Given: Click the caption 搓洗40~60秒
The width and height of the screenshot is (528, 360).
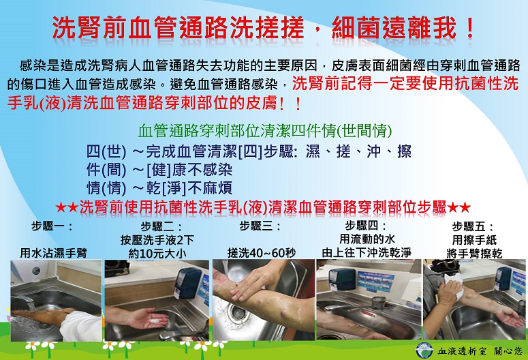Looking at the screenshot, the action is click(262, 253).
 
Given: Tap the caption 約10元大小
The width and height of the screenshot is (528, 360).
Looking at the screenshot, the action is click(157, 254).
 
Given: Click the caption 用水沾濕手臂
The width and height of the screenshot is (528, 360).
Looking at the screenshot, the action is click(54, 253).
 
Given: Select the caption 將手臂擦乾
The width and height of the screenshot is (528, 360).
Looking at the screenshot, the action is click(474, 254).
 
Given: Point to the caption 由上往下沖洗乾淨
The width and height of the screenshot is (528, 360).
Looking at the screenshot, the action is click(367, 252).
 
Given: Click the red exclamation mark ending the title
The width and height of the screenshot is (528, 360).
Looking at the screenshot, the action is click(470, 28).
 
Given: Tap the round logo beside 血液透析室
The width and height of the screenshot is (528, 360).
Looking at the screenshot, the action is click(424, 350).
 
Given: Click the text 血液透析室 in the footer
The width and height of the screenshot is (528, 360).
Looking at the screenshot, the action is click(463, 352).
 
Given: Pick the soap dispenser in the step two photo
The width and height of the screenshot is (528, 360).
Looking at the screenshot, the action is click(187, 284).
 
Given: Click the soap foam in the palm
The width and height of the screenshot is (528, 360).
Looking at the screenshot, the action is click(155, 320).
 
